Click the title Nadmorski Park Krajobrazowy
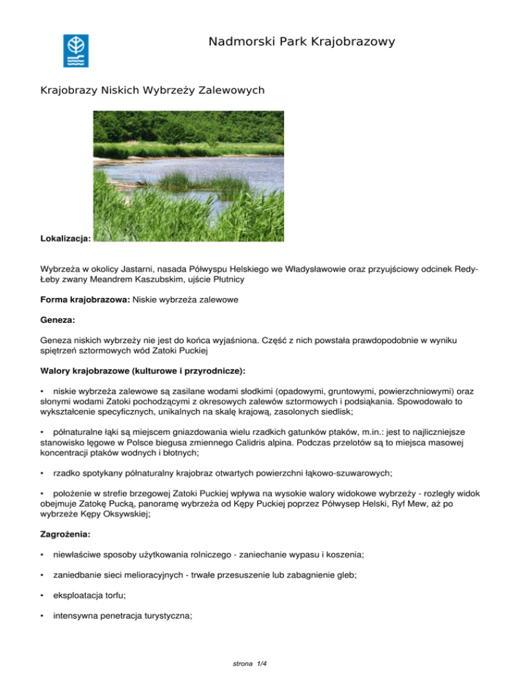(x=301, y=42)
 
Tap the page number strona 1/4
(x=250, y=664)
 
